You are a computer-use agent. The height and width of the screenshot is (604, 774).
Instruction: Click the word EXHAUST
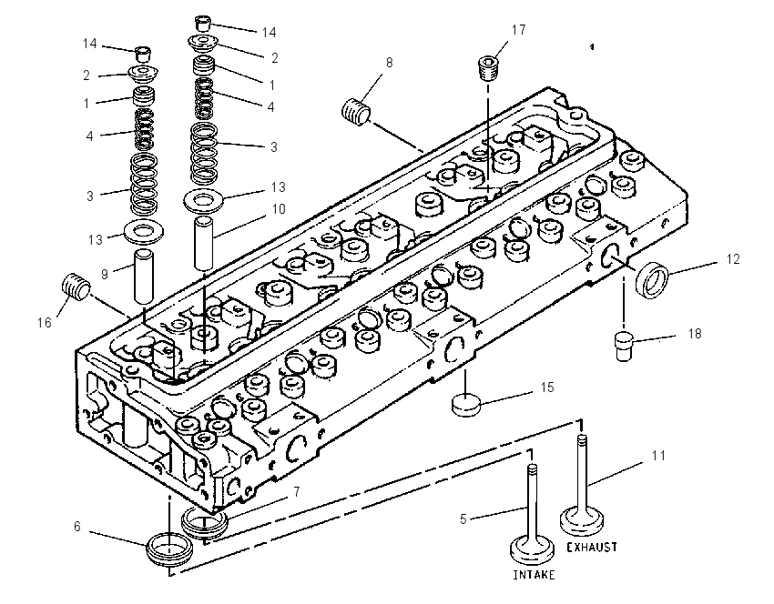click(x=591, y=547)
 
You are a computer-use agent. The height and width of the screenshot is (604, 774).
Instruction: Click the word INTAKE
click(x=534, y=574)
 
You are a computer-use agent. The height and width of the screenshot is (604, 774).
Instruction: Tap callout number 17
click(x=518, y=30)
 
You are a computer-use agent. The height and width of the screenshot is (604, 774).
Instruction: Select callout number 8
click(x=390, y=63)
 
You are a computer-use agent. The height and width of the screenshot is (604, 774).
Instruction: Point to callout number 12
click(x=733, y=259)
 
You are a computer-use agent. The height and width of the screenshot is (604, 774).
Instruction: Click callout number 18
click(x=695, y=334)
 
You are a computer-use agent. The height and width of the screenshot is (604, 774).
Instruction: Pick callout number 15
click(x=547, y=388)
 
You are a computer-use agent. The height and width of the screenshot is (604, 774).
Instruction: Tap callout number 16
click(x=45, y=322)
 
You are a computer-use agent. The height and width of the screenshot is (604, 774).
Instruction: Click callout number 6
click(x=77, y=527)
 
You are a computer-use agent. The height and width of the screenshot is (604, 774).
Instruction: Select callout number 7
click(x=296, y=491)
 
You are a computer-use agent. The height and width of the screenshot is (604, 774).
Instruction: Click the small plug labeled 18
click(x=625, y=347)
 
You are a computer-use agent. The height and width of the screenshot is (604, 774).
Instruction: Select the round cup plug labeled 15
click(x=466, y=404)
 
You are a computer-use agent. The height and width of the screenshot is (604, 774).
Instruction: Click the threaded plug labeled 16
click(x=76, y=287)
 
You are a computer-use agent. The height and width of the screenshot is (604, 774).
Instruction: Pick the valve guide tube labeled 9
click(x=144, y=277)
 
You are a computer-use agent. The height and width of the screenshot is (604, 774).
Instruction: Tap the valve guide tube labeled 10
click(x=203, y=243)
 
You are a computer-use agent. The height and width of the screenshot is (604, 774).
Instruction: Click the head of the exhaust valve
click(x=583, y=521)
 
